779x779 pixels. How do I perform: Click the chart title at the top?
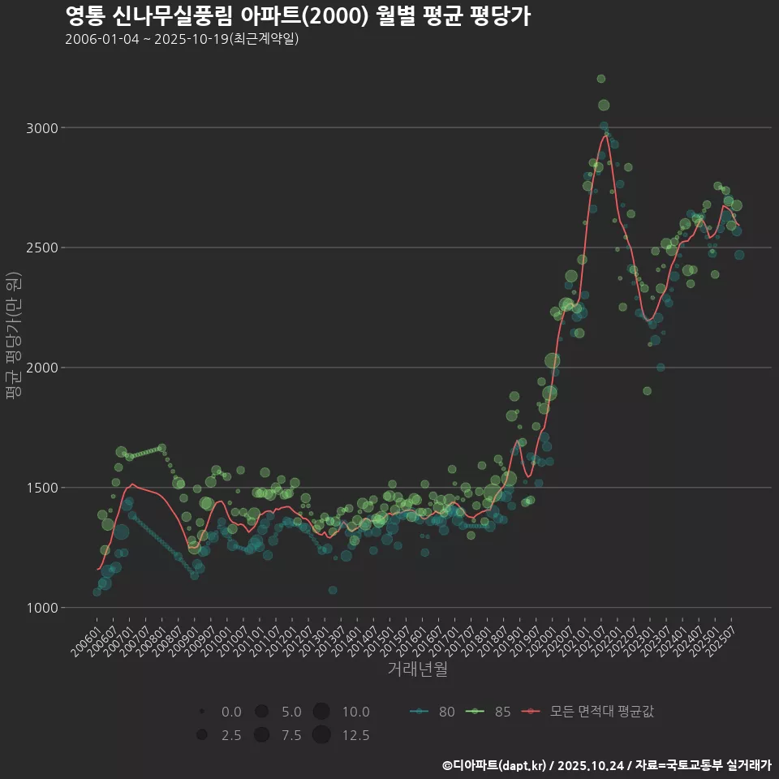297,16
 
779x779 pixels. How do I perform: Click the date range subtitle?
182,39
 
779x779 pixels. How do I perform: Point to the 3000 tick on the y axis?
43,128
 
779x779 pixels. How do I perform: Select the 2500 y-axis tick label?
43,247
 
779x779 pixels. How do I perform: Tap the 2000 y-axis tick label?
43,368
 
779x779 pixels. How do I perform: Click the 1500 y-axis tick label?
43,488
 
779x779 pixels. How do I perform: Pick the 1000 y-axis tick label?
43,608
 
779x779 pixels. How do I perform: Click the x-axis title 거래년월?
417,669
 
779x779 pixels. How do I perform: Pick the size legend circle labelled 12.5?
321,735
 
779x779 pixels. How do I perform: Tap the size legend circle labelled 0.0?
201,712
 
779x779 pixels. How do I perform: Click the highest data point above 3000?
601,79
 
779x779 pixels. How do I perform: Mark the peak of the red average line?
605,136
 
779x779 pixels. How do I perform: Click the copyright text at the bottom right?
606,764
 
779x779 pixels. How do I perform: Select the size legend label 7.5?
291,735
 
